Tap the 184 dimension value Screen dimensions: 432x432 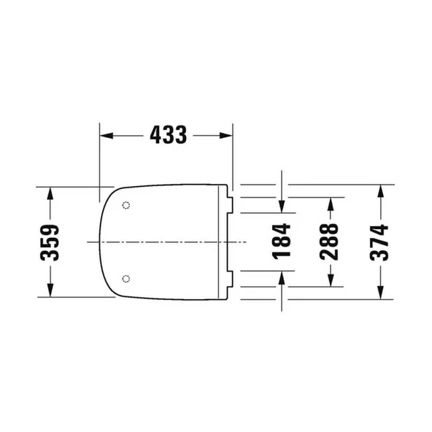[282, 241]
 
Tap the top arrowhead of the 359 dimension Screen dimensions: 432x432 [50, 192]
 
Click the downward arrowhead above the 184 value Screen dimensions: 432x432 [282, 205]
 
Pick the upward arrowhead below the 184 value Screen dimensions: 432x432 [282, 275]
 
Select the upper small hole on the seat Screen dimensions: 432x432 [127, 205]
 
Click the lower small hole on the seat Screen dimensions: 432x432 [127, 278]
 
